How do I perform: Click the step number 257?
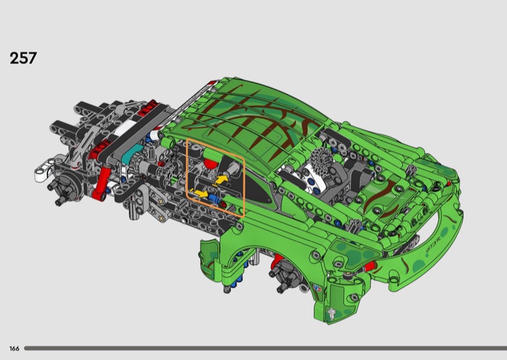click(x=23, y=58)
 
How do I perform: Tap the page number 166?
click(x=14, y=349)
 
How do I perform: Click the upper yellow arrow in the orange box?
click(x=221, y=179)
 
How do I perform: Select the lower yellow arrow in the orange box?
click(x=201, y=194)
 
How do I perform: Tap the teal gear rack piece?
click(x=132, y=153)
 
